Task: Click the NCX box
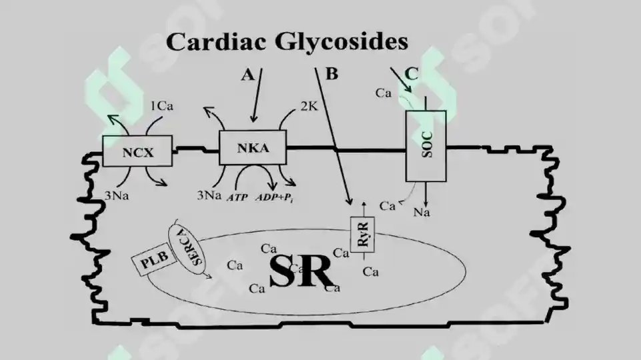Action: (x=137, y=151)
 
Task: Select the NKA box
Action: (x=253, y=147)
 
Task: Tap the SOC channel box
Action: (x=426, y=146)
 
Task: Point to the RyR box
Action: (x=362, y=235)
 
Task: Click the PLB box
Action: (x=153, y=259)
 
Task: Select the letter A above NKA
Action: (x=247, y=75)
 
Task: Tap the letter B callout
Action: (x=332, y=74)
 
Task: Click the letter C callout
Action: (x=412, y=74)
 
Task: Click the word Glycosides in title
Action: (x=342, y=42)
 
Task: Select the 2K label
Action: (x=309, y=106)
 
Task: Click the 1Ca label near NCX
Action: (x=162, y=106)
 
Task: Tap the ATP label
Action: (x=237, y=197)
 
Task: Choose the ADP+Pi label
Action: (x=275, y=197)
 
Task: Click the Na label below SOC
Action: (x=422, y=213)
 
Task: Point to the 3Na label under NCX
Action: (x=117, y=196)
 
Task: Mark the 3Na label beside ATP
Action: (x=209, y=195)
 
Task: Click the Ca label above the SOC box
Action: (x=384, y=93)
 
